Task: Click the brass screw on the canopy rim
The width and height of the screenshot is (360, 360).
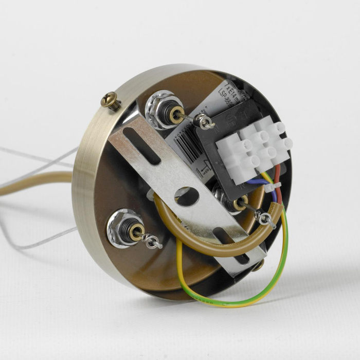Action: [111, 100]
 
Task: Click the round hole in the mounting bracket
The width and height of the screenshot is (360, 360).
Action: [186, 196]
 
